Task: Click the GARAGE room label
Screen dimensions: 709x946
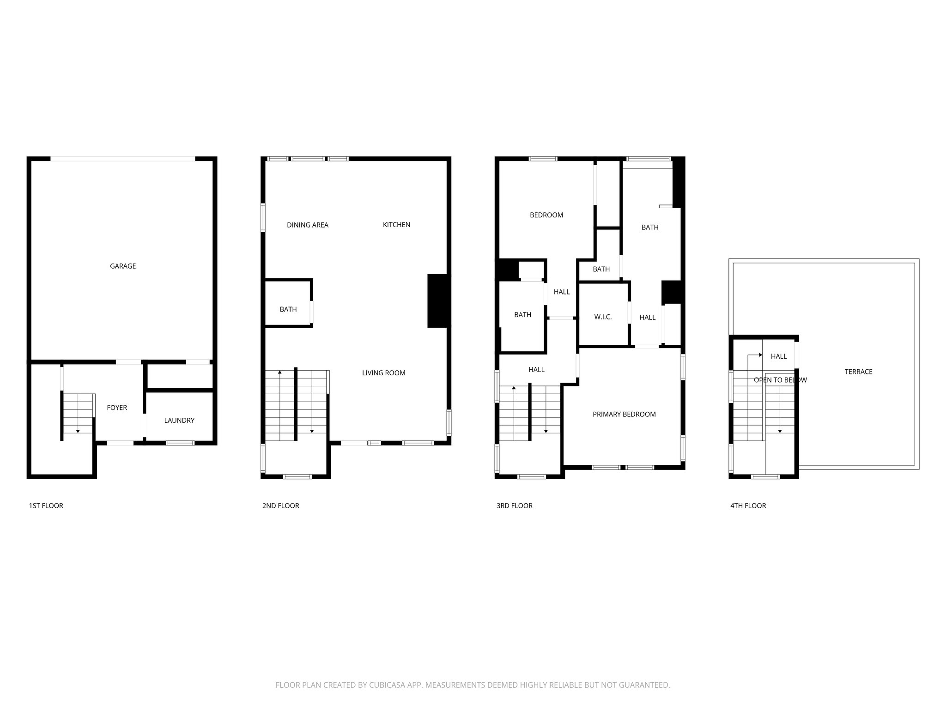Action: (123, 266)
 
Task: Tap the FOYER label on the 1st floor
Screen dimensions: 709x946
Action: (117, 408)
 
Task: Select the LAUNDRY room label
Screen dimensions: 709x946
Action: (179, 421)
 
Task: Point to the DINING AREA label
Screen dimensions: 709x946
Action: (308, 225)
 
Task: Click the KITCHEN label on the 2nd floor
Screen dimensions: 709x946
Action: (396, 225)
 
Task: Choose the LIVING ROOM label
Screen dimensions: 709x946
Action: (383, 373)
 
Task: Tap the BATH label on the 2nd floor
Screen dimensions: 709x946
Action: (288, 309)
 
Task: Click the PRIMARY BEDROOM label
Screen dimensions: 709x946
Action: (624, 415)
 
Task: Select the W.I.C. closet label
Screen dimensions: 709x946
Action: (603, 317)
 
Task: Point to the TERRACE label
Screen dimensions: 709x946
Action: (858, 372)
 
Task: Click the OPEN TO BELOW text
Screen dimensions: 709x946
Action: (780, 380)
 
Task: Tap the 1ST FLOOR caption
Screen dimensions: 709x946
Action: (46, 506)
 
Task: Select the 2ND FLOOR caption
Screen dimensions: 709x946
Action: (280, 506)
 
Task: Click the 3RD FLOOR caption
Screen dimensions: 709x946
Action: (515, 506)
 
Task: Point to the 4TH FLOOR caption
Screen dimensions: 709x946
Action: (748, 506)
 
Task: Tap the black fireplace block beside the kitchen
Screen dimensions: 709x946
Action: (437, 301)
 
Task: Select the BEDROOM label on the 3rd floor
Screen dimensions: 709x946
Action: (546, 215)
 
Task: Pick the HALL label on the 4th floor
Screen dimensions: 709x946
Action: (779, 356)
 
